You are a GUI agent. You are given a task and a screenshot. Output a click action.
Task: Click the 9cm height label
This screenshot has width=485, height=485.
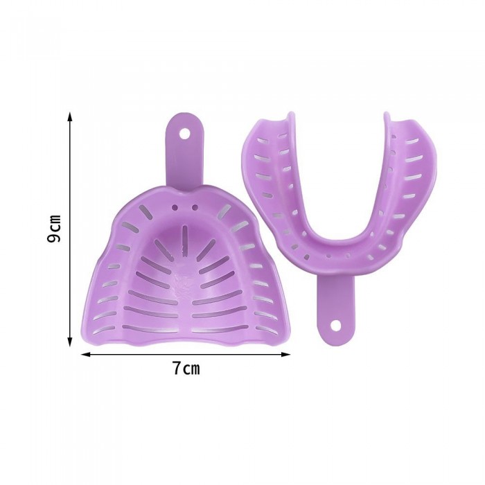(54, 228)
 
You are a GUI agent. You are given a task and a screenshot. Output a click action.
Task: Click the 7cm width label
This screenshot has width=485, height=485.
(186, 369)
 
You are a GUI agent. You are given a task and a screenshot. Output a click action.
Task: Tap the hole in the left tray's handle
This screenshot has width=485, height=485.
(185, 134)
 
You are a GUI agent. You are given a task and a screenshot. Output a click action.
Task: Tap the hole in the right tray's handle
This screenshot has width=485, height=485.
(335, 325)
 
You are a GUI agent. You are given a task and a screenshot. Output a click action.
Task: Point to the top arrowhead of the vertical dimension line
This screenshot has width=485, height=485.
(70, 116)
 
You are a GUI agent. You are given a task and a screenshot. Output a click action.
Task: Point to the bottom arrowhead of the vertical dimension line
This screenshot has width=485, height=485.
(70, 342)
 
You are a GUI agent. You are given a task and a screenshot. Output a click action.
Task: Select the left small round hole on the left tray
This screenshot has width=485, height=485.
(175, 207)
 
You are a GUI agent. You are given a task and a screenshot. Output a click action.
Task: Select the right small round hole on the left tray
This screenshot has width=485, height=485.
(195, 206)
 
